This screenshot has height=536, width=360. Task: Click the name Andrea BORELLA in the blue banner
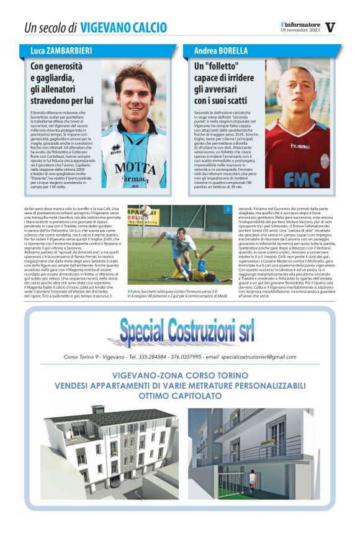221,50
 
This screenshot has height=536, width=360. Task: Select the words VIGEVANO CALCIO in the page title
124,27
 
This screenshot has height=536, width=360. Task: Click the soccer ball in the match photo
145,210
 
